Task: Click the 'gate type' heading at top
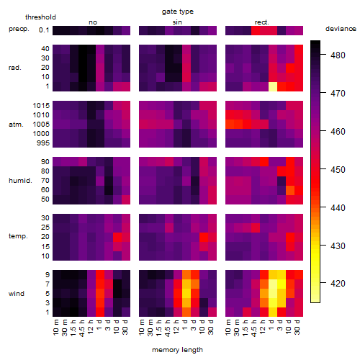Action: pos(178,12)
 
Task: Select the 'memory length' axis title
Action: pos(177,350)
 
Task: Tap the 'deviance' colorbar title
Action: pos(341,29)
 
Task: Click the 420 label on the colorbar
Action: pos(338,284)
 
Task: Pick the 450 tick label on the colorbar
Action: pos(338,170)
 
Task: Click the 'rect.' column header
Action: pos(261,22)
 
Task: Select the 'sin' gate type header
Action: pos(177,22)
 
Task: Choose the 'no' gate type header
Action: pos(93,22)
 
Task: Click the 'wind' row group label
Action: pos(17,294)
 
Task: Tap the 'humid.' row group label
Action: pos(20,181)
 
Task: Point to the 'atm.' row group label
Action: pos(16,125)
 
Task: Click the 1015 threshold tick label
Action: pos(41,106)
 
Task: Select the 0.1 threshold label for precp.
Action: pos(44,30)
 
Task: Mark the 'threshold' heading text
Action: pos(40,17)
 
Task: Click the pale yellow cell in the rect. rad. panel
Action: pos(273,86)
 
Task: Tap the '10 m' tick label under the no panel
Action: pos(56,327)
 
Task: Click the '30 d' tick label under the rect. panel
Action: pos(297,327)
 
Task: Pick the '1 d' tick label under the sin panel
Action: pos(185,325)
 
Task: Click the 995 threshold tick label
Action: pos(43,143)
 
